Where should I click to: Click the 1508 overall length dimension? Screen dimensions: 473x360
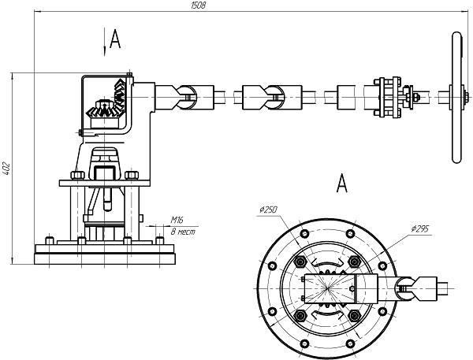pos(198,6)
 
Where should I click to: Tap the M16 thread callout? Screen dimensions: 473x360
pos(177,220)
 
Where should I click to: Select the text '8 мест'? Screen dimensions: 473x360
pos(183,232)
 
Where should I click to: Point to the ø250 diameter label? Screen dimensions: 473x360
pos(268,210)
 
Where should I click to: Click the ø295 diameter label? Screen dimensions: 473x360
pos(419,229)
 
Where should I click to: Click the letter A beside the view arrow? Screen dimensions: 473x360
pos(115,39)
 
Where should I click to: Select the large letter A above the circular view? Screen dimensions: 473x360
pos(342,183)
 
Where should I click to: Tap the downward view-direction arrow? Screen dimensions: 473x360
pos(105,42)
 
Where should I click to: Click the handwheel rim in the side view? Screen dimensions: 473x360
pos(456,97)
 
